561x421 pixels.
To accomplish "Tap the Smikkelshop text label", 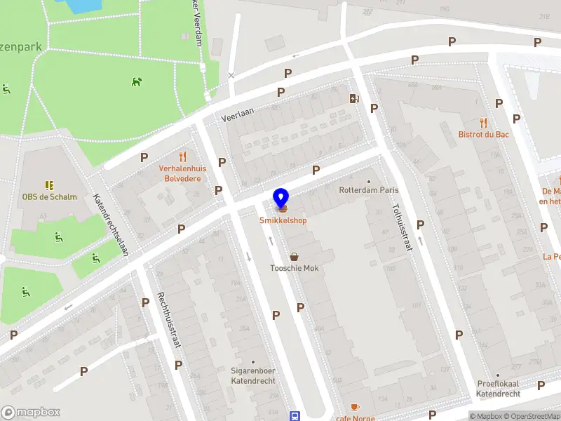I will click(x=283, y=220).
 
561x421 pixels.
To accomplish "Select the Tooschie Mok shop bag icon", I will click(x=295, y=257).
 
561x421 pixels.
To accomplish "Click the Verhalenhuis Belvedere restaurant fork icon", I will click(x=183, y=156).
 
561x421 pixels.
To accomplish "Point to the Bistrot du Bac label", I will click(x=483, y=134).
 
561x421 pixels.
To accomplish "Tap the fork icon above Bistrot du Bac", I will click(x=483, y=122).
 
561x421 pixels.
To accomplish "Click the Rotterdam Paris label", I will click(x=367, y=189).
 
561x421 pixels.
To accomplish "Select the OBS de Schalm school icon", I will click(x=49, y=185).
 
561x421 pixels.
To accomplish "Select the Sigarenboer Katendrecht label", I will click(x=253, y=375).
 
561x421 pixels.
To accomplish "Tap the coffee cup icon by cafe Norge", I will click(x=355, y=408).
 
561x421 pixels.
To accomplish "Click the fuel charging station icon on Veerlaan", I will click(x=354, y=98).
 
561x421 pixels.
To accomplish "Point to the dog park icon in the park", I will click(x=136, y=81).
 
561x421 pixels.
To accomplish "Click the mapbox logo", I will click(x=31, y=412).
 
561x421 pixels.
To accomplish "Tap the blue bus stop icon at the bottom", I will click(x=295, y=415).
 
